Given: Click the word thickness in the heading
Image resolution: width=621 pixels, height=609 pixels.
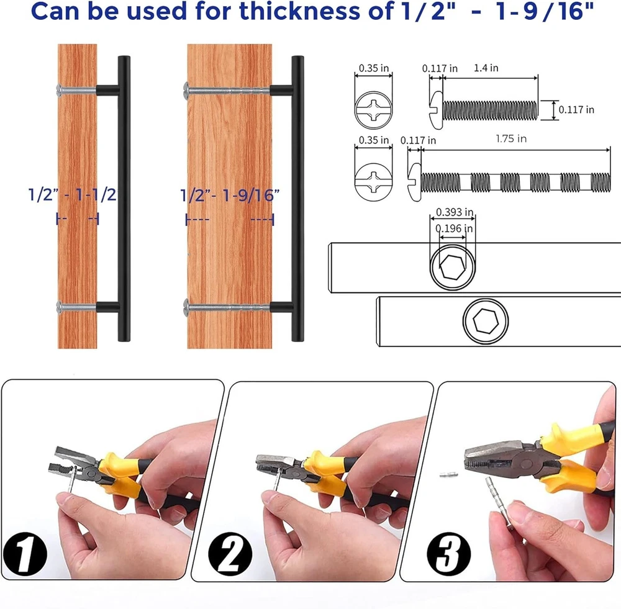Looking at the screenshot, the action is click(301, 11).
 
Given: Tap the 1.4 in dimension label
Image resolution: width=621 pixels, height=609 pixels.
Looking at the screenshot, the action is click(486, 68).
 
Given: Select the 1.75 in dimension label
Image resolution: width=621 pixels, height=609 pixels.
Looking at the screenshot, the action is click(511, 138).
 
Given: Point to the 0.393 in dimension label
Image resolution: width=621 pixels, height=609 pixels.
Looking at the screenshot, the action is click(455, 212).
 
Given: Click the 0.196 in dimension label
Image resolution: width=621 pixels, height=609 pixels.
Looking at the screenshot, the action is click(454, 228).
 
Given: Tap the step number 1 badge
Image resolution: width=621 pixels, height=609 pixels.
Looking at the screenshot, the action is click(25, 554).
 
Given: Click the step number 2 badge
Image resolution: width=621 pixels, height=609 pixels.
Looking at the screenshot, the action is click(230, 554).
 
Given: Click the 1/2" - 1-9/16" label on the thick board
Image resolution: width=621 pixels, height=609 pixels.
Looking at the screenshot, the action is click(230, 195).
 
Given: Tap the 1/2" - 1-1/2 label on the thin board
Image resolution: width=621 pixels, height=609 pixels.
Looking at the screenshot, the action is click(73, 195).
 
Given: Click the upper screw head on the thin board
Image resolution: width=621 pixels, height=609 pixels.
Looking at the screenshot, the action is click(60, 90).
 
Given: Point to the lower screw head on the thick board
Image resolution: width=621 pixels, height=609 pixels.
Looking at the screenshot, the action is click(186, 307).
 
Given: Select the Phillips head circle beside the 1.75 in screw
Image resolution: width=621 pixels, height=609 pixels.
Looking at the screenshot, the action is click(374, 182).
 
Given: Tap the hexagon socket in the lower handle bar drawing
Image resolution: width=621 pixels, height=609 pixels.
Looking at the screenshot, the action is click(486, 321).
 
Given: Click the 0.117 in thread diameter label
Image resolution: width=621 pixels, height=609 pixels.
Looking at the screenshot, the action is click(576, 110).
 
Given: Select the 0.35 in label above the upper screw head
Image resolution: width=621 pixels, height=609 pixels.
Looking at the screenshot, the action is click(374, 68).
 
